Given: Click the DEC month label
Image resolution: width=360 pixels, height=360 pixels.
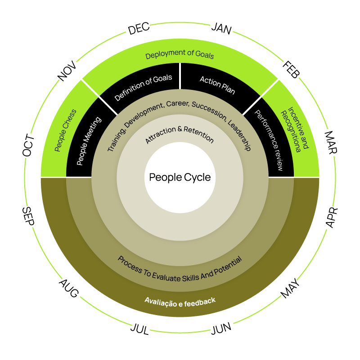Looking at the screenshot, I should tap(139, 30).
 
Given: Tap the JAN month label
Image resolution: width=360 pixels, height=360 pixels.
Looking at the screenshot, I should tap(221, 30).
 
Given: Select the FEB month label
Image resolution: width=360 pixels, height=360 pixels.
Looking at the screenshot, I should tap(291, 70).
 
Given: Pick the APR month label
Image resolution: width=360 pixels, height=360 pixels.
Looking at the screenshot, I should tap(331, 218).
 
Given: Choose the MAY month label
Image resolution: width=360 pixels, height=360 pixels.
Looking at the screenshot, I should tap(290, 288).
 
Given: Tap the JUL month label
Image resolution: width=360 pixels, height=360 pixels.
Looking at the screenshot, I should tap(139, 329).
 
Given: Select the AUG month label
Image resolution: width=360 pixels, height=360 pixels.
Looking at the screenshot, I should tap(69, 289).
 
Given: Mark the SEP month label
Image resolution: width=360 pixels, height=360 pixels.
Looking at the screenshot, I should tap(28, 217).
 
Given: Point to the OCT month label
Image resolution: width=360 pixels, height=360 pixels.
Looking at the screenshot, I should tap(28, 145).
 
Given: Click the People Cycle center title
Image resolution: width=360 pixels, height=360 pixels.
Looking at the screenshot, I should tap(180, 177).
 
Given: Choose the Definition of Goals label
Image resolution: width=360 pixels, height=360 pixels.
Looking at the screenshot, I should tap(143, 87).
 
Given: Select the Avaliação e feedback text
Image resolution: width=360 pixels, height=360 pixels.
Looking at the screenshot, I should tap(180, 301).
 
